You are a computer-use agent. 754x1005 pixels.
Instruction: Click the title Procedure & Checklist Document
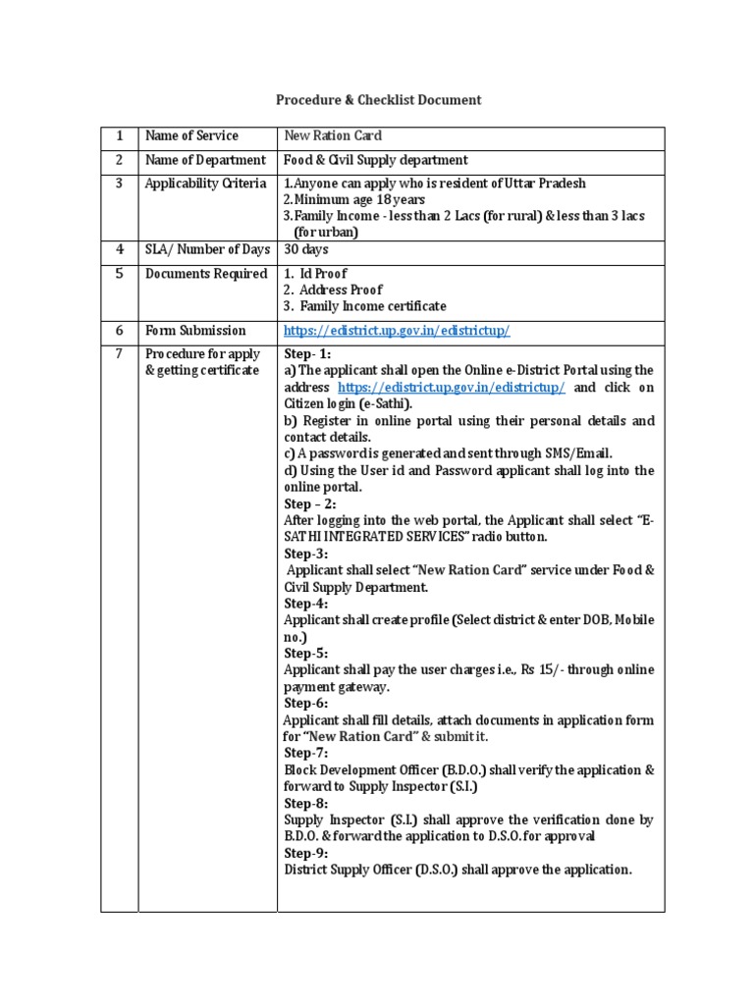pos(377,100)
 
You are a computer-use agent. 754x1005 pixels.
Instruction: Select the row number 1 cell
pos(119,136)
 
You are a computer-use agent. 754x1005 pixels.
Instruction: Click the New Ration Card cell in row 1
pos(333,136)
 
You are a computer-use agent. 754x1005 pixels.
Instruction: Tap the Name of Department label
pos(205,160)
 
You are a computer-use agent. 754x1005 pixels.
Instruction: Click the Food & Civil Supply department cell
pos(376,160)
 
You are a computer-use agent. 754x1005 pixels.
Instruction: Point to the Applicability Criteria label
pos(205,184)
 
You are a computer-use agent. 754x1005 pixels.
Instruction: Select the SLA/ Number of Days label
pos(207,249)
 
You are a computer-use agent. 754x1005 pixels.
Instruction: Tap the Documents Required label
pos(206,274)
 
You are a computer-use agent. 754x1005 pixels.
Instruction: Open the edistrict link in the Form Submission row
pos(397,332)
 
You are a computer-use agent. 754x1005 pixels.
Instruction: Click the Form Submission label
pos(195,331)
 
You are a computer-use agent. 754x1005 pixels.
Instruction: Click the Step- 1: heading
pos(307,353)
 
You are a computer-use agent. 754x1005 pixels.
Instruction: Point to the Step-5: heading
pos(306,653)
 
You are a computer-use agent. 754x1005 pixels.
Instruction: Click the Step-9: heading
pos(306,853)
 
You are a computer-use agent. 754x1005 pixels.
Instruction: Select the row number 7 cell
pos(119,353)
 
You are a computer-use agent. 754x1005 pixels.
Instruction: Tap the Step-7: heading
pos(306,753)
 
